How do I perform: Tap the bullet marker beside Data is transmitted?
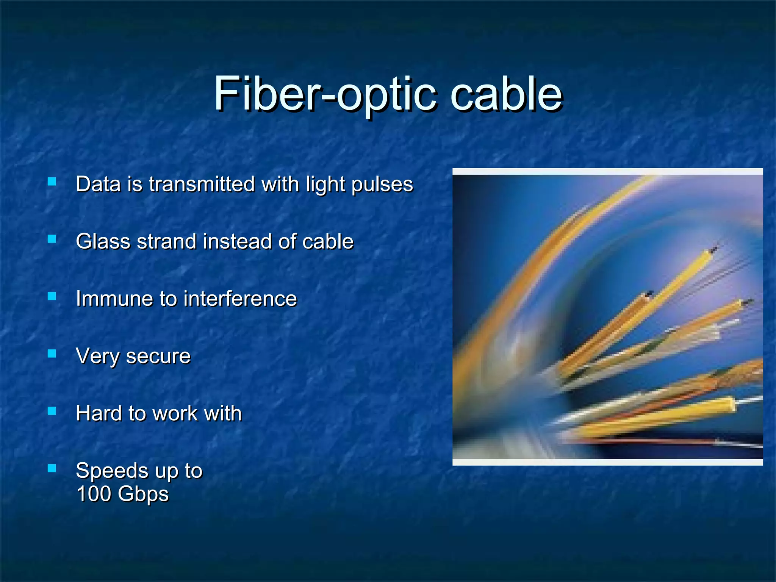point(52,182)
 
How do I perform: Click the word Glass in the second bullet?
point(103,241)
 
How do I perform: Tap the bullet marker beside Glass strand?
point(52,239)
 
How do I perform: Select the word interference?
point(240,299)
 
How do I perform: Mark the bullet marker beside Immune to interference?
point(52,296)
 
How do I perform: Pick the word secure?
point(158,356)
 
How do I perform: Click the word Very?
point(98,356)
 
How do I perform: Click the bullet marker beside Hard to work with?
point(52,411)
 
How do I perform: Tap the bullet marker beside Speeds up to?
point(52,468)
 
